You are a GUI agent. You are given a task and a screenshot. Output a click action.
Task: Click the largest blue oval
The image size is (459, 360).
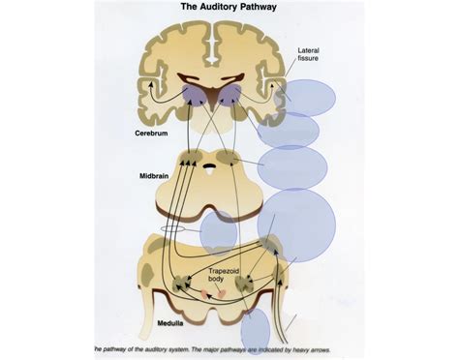(296, 225)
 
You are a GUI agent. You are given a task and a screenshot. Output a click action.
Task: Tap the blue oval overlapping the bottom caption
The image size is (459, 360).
(256, 331)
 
